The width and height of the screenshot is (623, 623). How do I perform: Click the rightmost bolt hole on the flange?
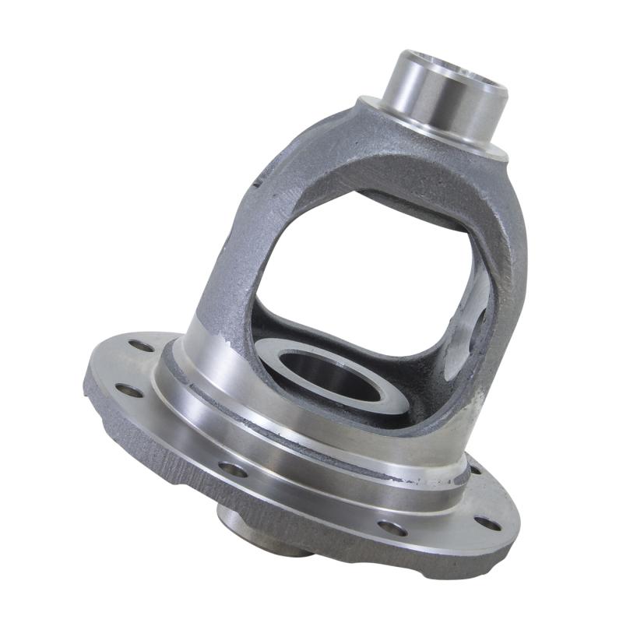tap(487, 523)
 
